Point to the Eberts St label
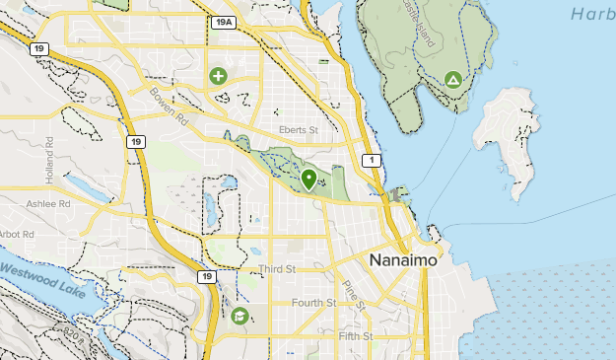click(x=300, y=130)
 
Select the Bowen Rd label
click(x=169, y=106)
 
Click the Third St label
click(x=276, y=269)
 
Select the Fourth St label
click(x=313, y=303)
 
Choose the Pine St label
click(x=354, y=294)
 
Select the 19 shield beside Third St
click(x=206, y=277)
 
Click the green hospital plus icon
click(x=218, y=75)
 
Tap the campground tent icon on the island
click(x=452, y=79)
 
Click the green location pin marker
click(x=309, y=180)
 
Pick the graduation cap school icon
click(x=240, y=317)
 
